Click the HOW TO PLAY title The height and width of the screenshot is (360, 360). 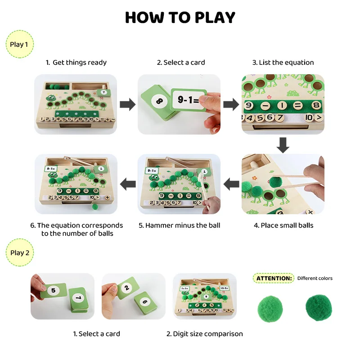(180, 18)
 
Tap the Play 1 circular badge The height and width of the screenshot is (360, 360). (19, 44)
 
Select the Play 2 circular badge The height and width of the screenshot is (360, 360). (20, 252)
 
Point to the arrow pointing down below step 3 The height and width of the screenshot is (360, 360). (283, 145)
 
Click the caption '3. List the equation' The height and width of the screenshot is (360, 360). (283, 63)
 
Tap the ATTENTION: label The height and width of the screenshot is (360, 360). (274, 278)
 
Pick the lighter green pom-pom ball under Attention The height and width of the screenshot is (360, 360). (270, 309)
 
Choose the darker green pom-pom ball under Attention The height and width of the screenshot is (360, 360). (319, 308)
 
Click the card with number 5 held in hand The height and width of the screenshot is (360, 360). (54, 291)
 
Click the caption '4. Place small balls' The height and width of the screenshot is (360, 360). (283, 225)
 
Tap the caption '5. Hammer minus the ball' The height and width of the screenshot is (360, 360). (179, 225)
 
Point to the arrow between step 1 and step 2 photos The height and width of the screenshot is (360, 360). (128, 104)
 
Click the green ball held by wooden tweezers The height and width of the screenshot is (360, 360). (275, 182)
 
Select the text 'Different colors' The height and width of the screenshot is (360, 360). (315, 278)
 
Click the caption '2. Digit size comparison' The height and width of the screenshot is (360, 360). (205, 334)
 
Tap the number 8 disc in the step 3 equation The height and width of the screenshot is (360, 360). (316, 105)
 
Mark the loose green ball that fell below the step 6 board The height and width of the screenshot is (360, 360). (95, 207)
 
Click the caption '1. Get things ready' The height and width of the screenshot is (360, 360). (76, 63)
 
